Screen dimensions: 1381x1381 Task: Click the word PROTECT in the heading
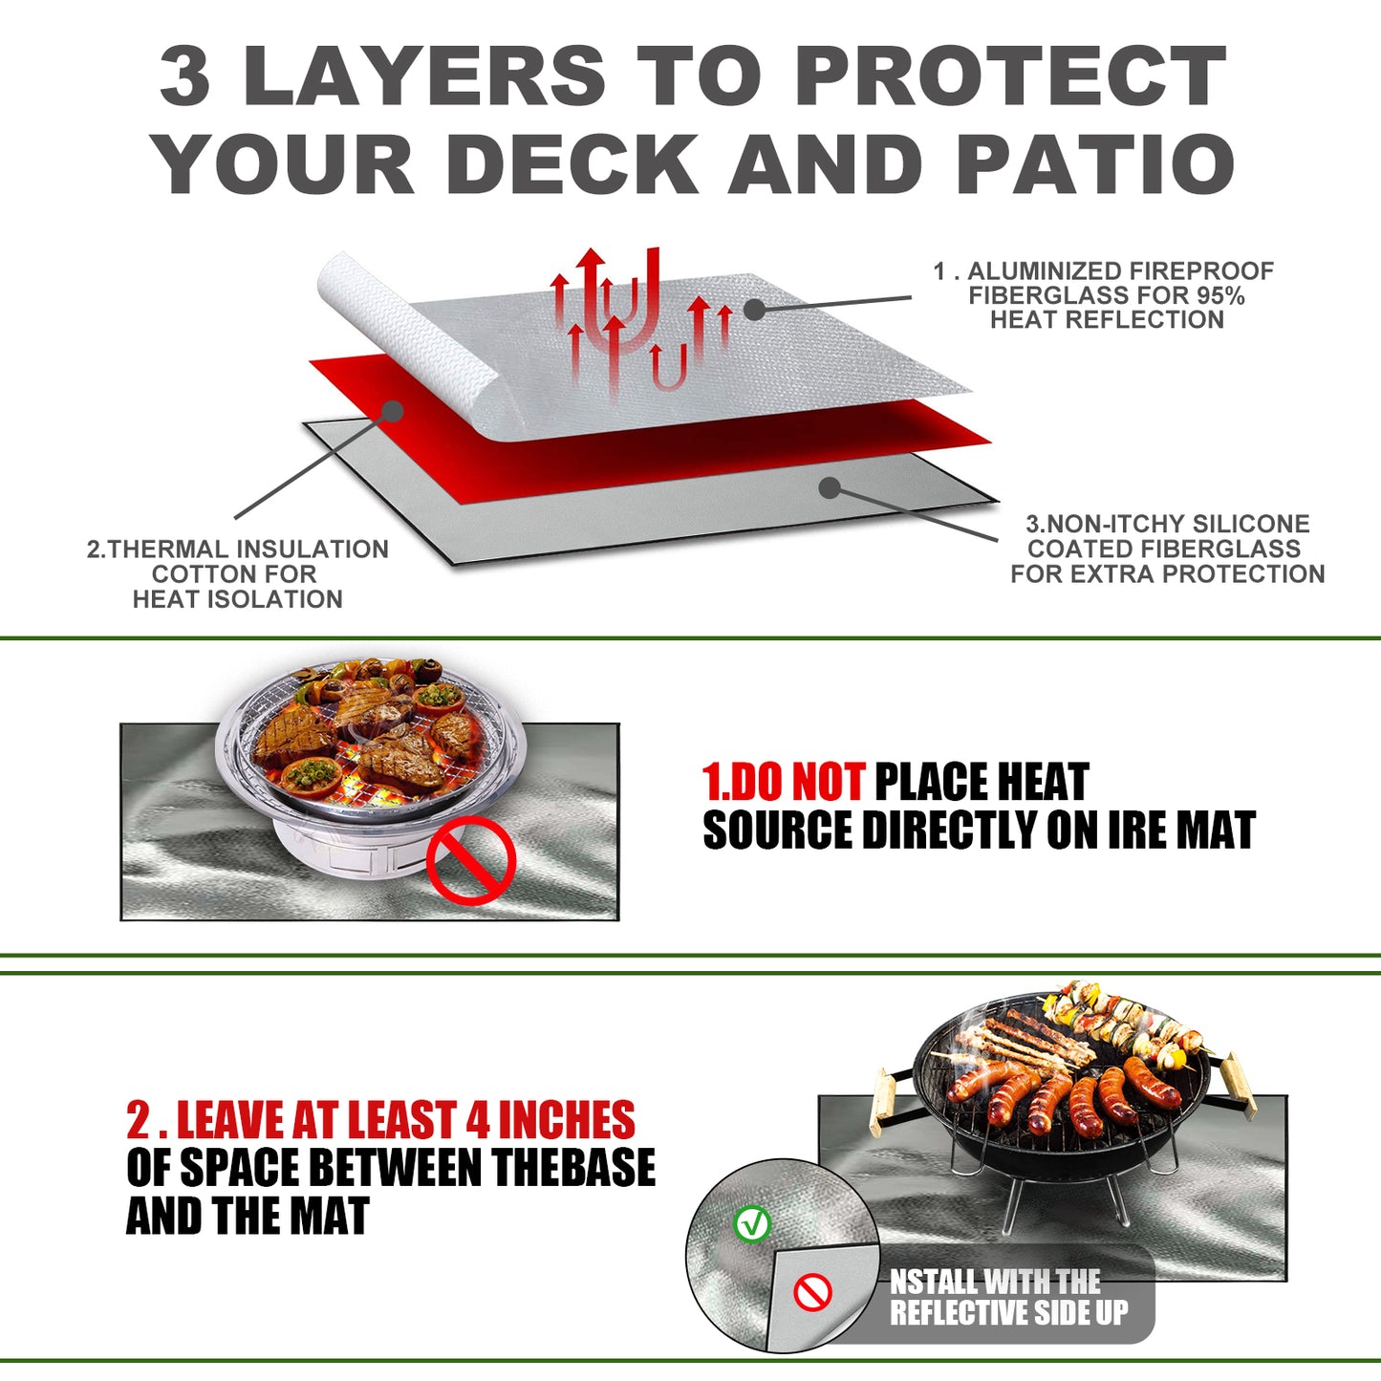click(x=1010, y=76)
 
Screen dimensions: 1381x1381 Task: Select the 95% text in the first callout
click(x=1219, y=295)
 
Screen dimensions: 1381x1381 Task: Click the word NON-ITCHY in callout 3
click(x=1118, y=524)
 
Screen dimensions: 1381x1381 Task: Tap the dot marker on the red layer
click(x=392, y=411)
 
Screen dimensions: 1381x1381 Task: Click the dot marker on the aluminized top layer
click(x=755, y=309)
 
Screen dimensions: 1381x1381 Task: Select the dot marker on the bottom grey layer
click(x=830, y=487)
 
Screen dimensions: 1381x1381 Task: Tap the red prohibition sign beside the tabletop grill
click(x=470, y=864)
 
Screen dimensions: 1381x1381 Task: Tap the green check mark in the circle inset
click(x=752, y=1223)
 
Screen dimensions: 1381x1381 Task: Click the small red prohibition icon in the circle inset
click(x=812, y=1294)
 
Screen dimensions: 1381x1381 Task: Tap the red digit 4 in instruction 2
click(x=477, y=1120)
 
